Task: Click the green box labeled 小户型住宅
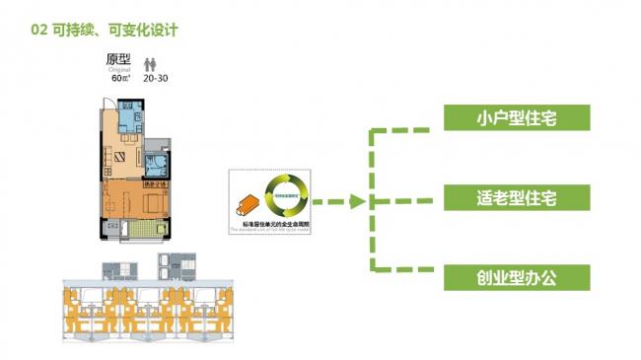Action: (x=516, y=118)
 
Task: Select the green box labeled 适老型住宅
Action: (x=516, y=198)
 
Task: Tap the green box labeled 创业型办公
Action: (x=516, y=277)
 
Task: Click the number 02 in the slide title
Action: (x=39, y=30)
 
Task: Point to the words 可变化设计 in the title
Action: (x=143, y=30)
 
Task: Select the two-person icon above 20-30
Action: (x=151, y=61)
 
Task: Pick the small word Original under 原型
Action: (x=120, y=70)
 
